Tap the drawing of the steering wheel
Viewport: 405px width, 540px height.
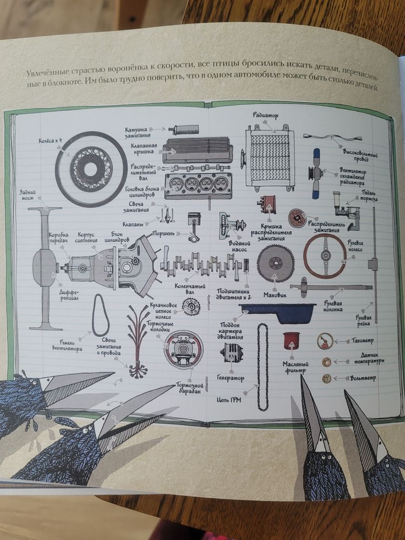(x=324, y=256)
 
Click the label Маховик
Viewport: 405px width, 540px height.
(x=274, y=295)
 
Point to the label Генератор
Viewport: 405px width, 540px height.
(x=231, y=379)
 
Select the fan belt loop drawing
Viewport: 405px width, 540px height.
(x=100, y=315)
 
